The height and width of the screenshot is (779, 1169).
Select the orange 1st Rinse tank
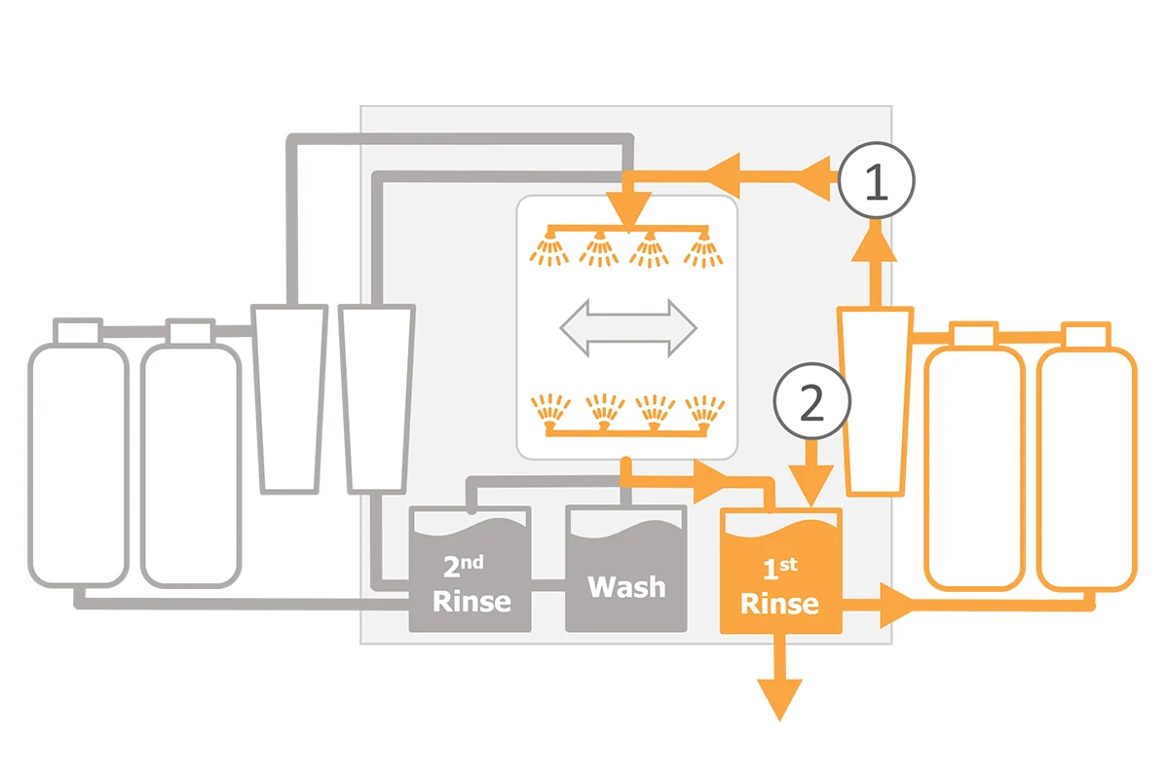(780, 571)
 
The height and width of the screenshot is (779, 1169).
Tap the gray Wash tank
(625, 569)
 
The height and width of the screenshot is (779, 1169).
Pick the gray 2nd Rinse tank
(471, 569)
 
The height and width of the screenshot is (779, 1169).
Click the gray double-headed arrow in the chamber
(628, 328)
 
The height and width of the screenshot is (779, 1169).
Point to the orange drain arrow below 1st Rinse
(779, 679)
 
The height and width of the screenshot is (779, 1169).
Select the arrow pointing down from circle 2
(811, 473)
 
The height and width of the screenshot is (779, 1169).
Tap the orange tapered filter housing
(875, 401)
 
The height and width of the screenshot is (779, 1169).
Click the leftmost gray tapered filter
(289, 398)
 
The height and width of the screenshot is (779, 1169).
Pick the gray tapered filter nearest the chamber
(377, 398)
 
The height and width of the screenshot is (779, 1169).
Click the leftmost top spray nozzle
(549, 248)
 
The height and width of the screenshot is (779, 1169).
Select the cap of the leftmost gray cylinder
(78, 331)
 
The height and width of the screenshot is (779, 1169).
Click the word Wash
(626, 587)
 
